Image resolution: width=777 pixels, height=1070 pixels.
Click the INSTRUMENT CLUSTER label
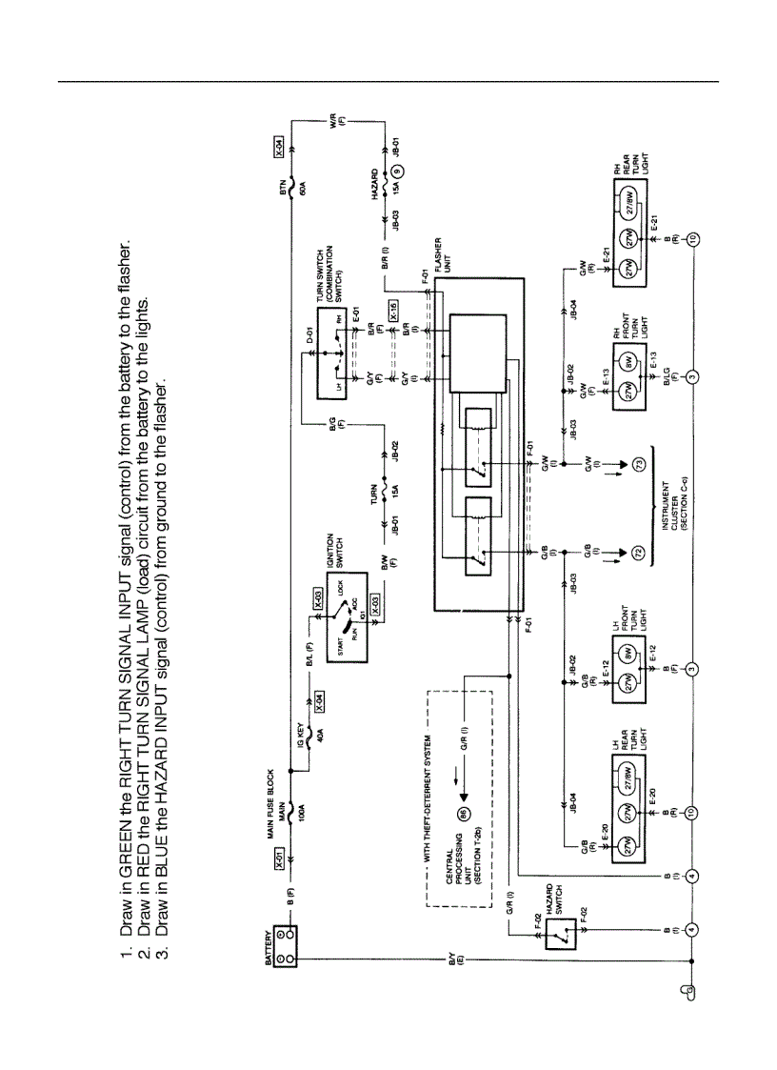[x=674, y=503]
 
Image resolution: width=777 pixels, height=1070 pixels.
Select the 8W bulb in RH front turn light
[x=629, y=363]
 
